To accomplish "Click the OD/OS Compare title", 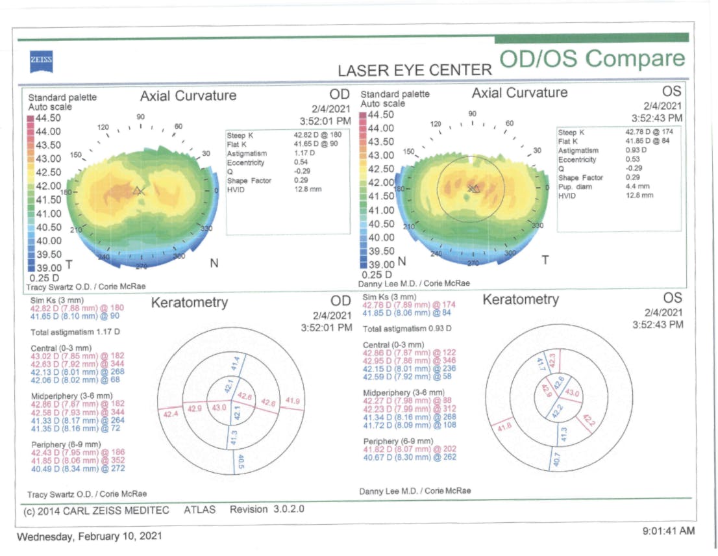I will pyautogui.click(x=592, y=58).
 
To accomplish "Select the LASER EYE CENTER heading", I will pyautogui.click(x=415, y=70).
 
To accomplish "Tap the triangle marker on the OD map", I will pyautogui.click(x=138, y=191).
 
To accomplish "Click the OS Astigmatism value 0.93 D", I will pyautogui.click(x=634, y=150).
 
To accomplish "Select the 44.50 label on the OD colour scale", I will pyautogui.click(x=47, y=118).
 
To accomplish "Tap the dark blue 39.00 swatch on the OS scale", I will pyautogui.click(x=363, y=264).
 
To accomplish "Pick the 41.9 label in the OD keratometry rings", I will pyautogui.click(x=292, y=401).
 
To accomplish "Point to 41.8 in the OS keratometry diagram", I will pyautogui.click(x=504, y=427).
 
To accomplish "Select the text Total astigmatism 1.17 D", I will pyautogui.click(x=75, y=332).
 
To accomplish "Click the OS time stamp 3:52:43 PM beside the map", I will pyautogui.click(x=657, y=118).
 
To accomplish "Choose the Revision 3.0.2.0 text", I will pyautogui.click(x=267, y=510).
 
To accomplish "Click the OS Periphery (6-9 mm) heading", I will pyautogui.click(x=396, y=442).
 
